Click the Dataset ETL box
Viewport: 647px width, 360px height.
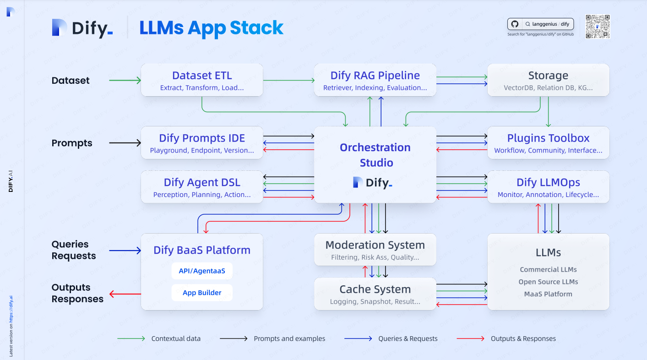(x=202, y=80)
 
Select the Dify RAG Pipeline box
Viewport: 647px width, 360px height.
(x=375, y=80)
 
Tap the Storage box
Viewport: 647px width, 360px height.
(x=548, y=80)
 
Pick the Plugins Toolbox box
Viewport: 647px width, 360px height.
(x=548, y=143)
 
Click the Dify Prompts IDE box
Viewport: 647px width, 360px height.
(x=202, y=143)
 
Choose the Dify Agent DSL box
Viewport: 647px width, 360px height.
(x=202, y=187)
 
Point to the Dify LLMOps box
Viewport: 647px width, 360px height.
(x=548, y=187)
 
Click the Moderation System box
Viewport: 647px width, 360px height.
(x=375, y=250)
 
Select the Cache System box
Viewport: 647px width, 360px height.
(x=375, y=294)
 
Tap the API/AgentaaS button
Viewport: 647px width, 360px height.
(x=202, y=271)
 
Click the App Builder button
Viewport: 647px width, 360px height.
(x=202, y=293)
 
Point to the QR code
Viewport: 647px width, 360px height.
(x=598, y=27)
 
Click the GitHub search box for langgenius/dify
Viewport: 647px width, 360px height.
(x=540, y=24)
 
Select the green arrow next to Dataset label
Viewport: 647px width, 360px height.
(x=125, y=81)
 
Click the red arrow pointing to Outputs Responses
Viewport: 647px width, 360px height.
(x=125, y=294)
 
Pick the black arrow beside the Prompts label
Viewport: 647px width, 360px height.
(x=125, y=143)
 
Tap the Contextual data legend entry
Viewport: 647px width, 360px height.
(x=159, y=339)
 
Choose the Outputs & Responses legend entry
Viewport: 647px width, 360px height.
(x=506, y=339)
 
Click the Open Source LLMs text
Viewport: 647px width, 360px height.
(x=548, y=282)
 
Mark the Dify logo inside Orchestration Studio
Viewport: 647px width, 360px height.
(x=373, y=183)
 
